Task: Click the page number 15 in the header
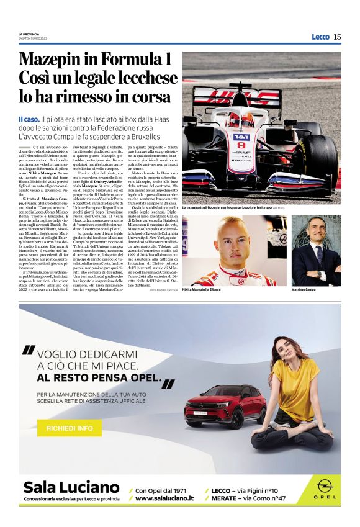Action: click(x=337, y=37)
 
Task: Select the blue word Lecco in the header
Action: click(x=320, y=37)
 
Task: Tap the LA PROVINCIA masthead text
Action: click(x=30, y=34)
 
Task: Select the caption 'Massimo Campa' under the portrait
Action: click(x=304, y=289)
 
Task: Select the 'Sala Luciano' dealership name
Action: click(x=71, y=486)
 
